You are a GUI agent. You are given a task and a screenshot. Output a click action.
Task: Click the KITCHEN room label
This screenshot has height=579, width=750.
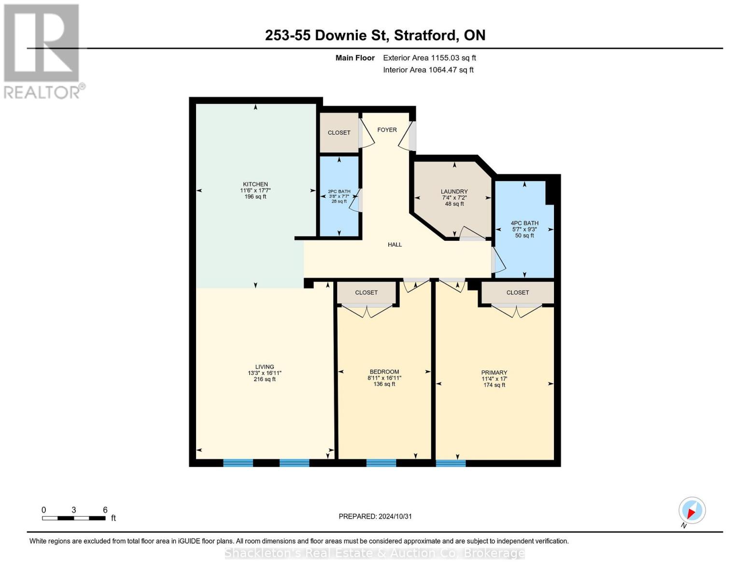(255, 184)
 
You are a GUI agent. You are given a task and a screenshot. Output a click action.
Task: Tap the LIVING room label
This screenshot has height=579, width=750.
(264, 367)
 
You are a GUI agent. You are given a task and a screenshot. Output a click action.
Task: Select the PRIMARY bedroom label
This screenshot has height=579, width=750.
(494, 372)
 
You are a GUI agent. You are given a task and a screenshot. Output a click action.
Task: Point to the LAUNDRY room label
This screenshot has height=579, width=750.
(454, 192)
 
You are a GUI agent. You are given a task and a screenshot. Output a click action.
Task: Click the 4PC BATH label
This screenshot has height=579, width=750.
(524, 223)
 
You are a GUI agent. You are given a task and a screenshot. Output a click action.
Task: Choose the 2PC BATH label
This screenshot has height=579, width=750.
(339, 192)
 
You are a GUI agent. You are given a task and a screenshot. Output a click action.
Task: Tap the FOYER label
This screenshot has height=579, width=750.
(387, 130)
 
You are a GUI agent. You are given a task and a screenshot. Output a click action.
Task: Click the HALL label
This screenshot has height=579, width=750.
(395, 245)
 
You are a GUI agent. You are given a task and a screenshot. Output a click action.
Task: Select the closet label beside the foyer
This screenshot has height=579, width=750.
(339, 133)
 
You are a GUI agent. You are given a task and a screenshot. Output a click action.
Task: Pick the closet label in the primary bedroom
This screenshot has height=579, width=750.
(517, 292)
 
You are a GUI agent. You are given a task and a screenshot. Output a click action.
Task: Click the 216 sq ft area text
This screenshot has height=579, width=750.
(264, 379)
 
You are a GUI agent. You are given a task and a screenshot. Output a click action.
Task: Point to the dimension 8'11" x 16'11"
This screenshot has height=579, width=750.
(384, 378)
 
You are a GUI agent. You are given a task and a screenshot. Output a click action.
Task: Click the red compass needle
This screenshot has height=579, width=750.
(692, 513)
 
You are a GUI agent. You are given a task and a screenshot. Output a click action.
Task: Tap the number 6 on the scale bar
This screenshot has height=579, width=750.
(105, 510)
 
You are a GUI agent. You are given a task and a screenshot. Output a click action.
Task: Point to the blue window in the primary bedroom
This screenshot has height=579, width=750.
(451, 463)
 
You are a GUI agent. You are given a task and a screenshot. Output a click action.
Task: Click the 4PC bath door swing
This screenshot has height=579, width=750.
(499, 261)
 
